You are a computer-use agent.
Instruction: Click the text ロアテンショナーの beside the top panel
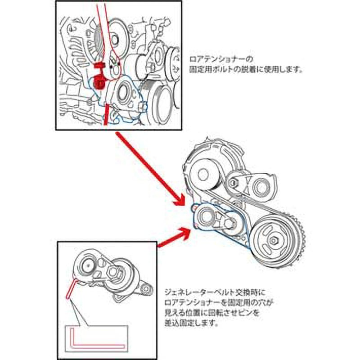[221, 59]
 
